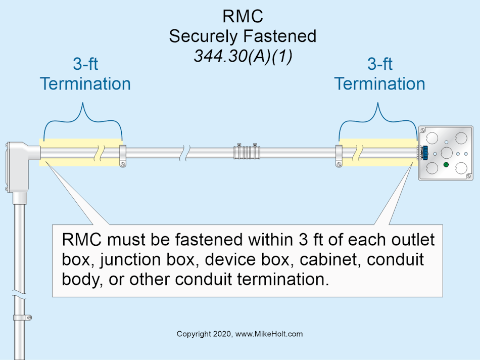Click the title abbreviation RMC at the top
coord(243,16)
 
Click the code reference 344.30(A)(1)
coord(243,55)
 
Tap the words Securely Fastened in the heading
coord(243,36)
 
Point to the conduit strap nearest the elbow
coord(122,156)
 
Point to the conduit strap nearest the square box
coord(339,156)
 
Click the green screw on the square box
coord(446,165)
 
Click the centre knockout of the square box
coord(446,152)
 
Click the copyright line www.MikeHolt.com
coord(239,334)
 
